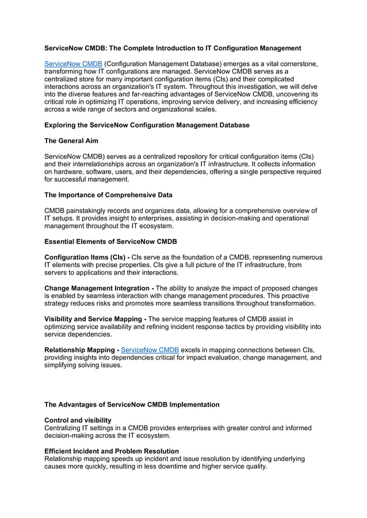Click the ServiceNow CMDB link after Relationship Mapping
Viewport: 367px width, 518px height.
[150, 349]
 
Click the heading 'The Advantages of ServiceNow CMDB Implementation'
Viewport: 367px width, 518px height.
[132, 405]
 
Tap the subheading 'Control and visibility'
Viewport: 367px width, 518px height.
[78, 420]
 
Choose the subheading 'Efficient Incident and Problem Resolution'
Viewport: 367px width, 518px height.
[112, 451]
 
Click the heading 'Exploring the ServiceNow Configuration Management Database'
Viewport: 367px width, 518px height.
[147, 125]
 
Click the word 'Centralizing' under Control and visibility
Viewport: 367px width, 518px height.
[66, 428]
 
